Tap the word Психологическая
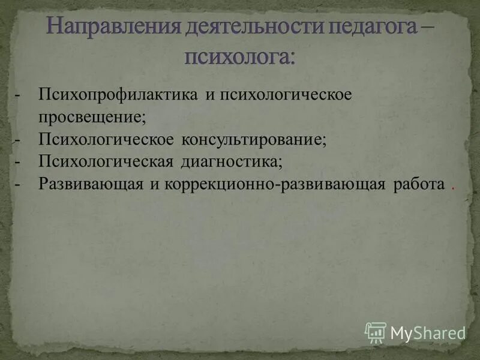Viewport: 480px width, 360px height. [106, 161]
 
